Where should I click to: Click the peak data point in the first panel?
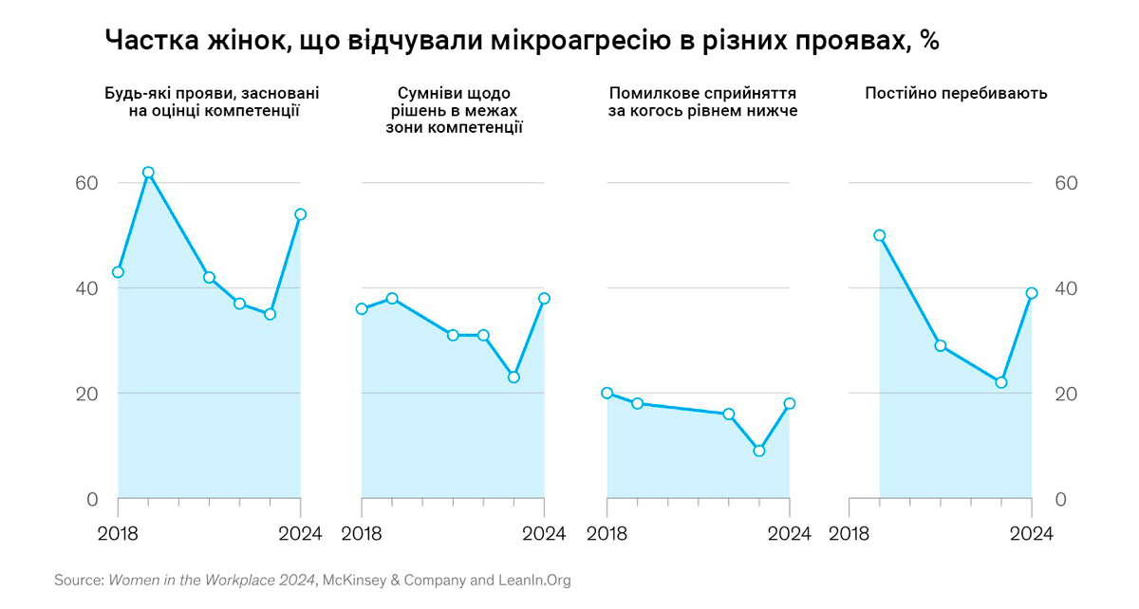point(148,173)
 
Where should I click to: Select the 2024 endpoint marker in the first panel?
point(301,214)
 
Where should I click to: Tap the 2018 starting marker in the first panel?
point(118,272)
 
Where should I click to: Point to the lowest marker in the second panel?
point(513,377)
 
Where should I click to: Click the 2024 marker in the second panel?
point(544,298)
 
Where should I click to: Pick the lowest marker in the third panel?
point(758,451)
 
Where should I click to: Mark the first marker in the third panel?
point(607,393)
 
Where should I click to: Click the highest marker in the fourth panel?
point(879,235)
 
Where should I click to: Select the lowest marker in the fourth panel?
point(1000,382)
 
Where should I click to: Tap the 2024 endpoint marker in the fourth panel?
point(1032,293)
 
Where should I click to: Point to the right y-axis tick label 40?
point(1067,288)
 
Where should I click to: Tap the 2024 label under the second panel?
point(544,533)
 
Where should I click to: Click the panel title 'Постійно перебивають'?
point(956,93)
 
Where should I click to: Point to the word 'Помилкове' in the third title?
point(649,93)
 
